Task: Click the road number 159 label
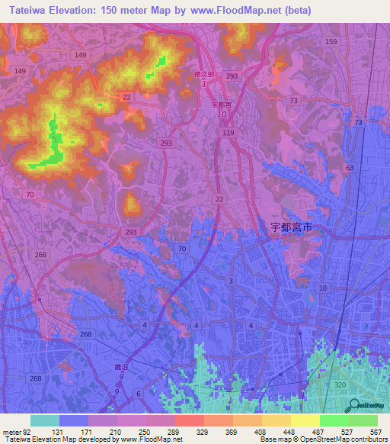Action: [x=330, y=41]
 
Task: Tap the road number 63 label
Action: [x=350, y=167]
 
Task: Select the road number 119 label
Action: [x=228, y=133]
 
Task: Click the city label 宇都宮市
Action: [x=292, y=227]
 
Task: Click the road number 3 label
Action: [x=231, y=282]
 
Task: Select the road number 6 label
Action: [x=139, y=393]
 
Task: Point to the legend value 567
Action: [x=374, y=432]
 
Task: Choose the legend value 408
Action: [x=259, y=432]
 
